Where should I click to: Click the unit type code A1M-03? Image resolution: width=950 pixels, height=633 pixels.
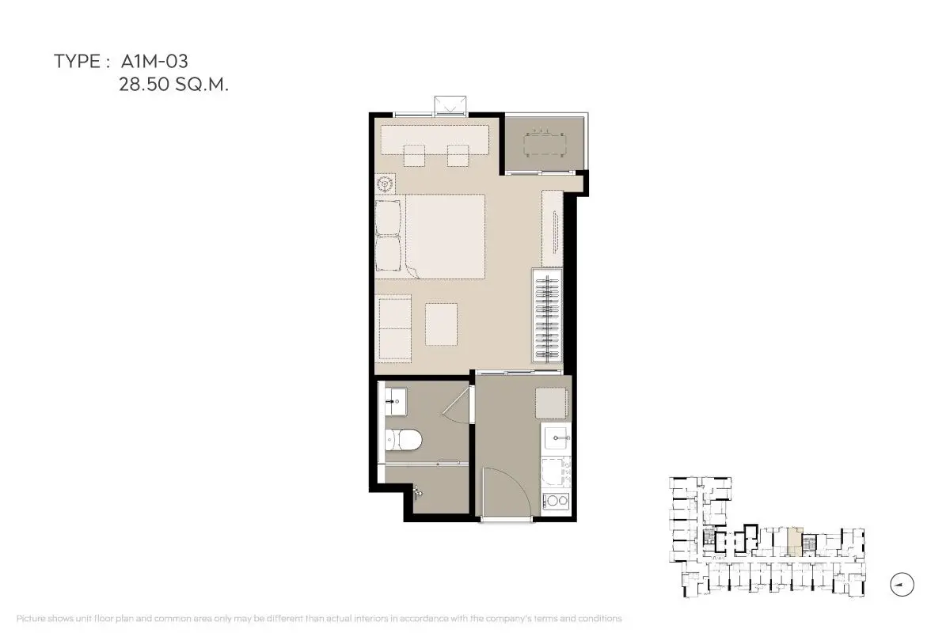pyautogui.click(x=154, y=62)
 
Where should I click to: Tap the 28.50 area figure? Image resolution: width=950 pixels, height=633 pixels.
pyautogui.click(x=144, y=85)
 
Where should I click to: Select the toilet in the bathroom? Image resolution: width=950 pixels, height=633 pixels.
pyautogui.click(x=403, y=440)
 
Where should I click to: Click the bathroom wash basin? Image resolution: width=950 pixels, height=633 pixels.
pyautogui.click(x=395, y=401)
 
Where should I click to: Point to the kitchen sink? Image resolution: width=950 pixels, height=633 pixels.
pyautogui.click(x=556, y=438)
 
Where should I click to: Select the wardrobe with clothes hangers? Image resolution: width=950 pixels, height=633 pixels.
pyautogui.click(x=548, y=315)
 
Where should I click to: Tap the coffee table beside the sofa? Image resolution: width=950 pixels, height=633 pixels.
pyautogui.click(x=441, y=324)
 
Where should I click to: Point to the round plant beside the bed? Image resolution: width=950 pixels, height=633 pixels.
pyautogui.click(x=385, y=184)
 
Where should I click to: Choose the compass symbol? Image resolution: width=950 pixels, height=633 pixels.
pyautogui.click(x=902, y=585)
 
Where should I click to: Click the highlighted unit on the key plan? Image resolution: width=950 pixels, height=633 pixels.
pyautogui.click(x=795, y=541)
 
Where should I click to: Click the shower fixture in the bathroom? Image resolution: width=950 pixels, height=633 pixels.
pyautogui.click(x=417, y=491)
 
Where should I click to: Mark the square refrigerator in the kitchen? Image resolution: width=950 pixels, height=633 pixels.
pyautogui.click(x=551, y=403)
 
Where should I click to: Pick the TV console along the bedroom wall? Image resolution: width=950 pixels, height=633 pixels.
pyautogui.click(x=553, y=229)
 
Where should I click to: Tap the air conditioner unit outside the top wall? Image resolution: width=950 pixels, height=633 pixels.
pyautogui.click(x=450, y=105)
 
